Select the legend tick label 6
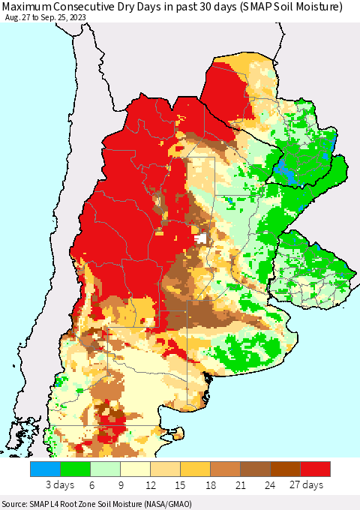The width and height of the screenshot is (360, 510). click(x=90, y=485)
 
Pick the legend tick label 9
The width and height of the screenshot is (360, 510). click(x=120, y=485)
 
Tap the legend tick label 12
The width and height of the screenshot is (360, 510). click(x=150, y=485)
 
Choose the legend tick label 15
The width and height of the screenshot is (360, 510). click(x=180, y=485)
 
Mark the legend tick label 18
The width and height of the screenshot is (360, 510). click(x=210, y=485)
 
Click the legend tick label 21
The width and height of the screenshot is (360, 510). click(x=240, y=485)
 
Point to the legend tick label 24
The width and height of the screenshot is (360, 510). click(x=270, y=485)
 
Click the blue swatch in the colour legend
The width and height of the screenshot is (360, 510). click(x=45, y=469)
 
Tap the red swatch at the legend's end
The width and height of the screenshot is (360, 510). click(x=315, y=469)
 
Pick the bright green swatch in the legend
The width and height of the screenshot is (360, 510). click(x=75, y=469)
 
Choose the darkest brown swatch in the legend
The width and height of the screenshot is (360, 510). click(x=285, y=469)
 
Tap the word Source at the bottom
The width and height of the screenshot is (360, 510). click(x=16, y=504)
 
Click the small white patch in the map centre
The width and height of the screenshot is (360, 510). click(x=200, y=238)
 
